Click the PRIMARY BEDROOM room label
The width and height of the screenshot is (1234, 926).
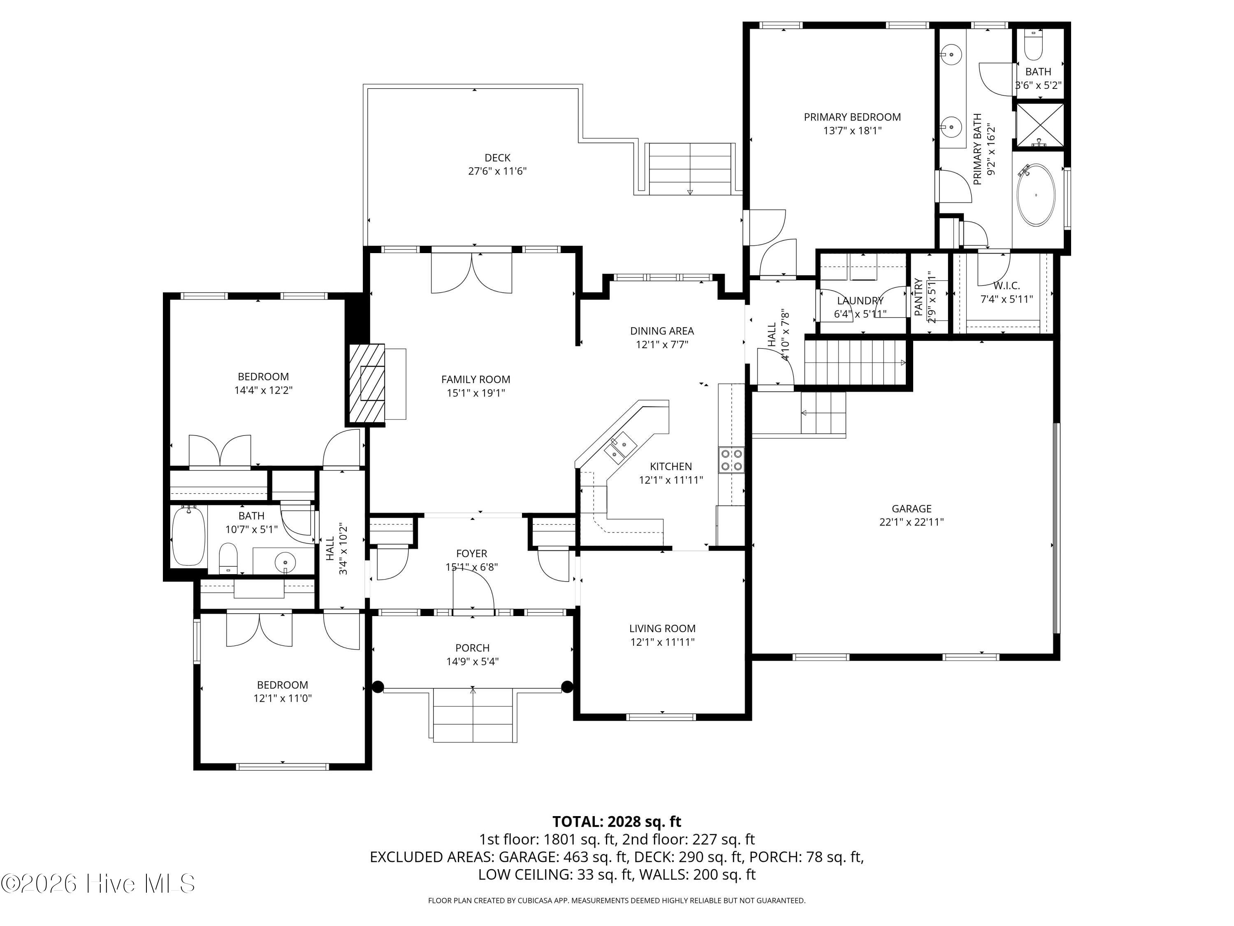[x=852, y=117]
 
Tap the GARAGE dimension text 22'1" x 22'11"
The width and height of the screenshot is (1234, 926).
[x=912, y=522]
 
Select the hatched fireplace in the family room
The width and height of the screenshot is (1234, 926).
[x=366, y=384]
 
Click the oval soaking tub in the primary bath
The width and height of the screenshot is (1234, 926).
[x=1037, y=195]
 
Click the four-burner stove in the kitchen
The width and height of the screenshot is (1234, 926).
[x=731, y=460]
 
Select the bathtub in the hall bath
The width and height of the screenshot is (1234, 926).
[x=188, y=536]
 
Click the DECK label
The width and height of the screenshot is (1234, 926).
[x=497, y=158]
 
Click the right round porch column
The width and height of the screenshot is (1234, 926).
[x=567, y=686]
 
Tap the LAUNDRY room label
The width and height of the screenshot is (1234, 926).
[x=860, y=301]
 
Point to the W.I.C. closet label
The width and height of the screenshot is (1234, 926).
[x=1007, y=286]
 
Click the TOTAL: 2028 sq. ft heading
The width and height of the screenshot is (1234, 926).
[x=617, y=821]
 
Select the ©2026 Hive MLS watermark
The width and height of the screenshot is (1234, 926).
[x=98, y=884]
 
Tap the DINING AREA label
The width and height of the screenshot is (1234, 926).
[x=662, y=331]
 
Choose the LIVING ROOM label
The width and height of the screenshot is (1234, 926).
[x=662, y=628]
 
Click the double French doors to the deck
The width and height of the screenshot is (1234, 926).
[x=472, y=272]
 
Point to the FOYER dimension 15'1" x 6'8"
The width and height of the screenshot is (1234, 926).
[x=471, y=567]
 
